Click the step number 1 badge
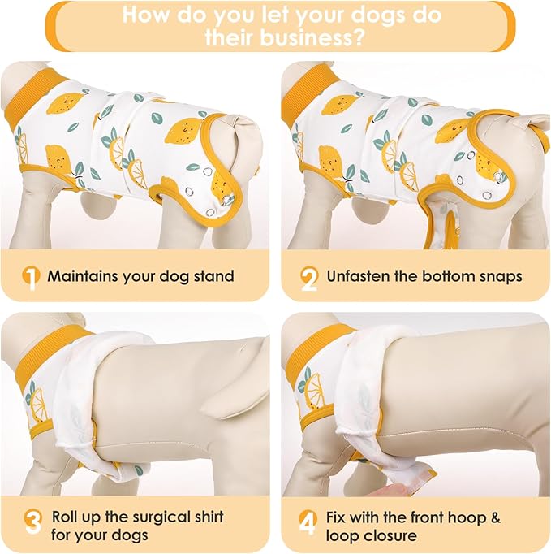click(30, 277)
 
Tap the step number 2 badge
click(309, 277)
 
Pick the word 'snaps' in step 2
click(500, 276)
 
